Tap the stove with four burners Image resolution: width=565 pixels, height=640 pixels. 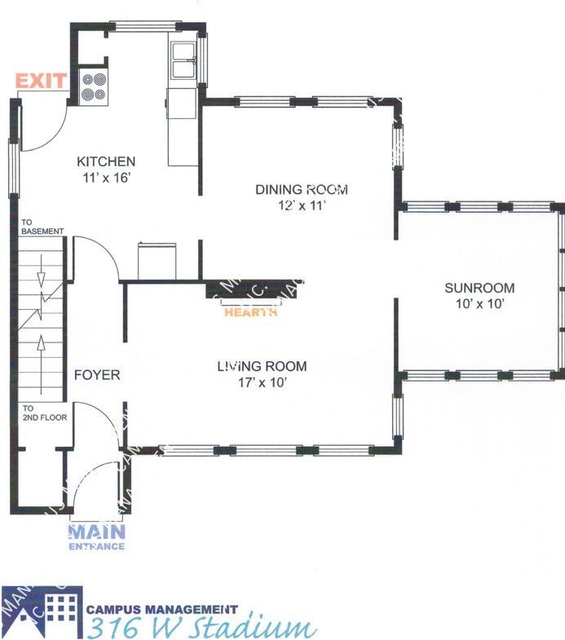pos(94,87)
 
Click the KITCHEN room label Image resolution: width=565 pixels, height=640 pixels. pos(106,161)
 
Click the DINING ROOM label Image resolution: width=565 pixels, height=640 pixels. pos(302,190)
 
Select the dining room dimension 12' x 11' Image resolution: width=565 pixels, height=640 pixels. pos(302,205)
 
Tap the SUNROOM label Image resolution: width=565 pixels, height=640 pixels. pos(479,288)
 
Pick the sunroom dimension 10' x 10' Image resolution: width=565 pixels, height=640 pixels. pos(479,303)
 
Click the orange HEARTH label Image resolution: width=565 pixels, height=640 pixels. pos(250,311)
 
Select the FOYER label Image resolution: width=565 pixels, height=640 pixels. pos(97,375)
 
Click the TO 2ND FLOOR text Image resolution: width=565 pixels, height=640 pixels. pos(44,413)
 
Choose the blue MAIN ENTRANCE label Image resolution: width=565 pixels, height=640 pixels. pos(97,536)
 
